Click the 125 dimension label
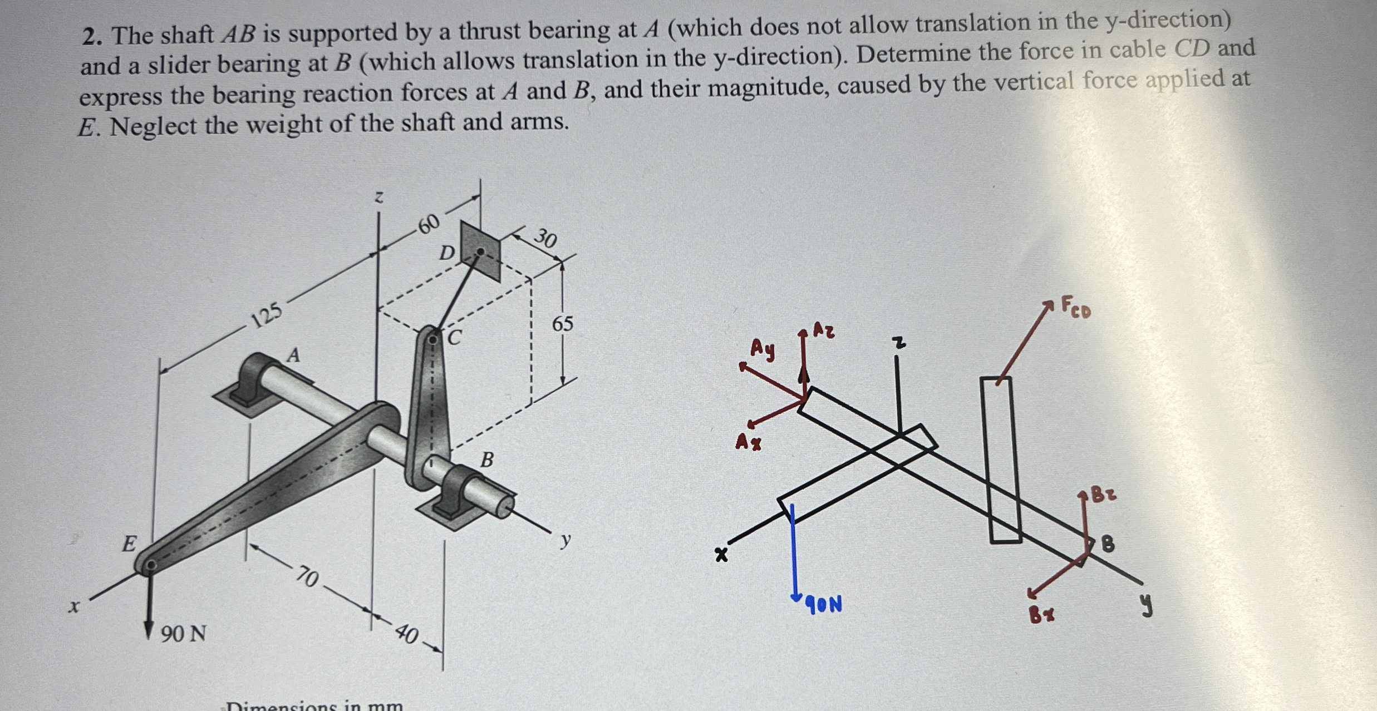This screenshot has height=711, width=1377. point(268,315)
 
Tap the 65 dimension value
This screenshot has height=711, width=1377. point(562,324)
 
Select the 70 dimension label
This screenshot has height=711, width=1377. point(307,576)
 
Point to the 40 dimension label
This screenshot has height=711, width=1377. point(407,634)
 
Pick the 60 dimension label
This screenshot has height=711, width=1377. point(429,224)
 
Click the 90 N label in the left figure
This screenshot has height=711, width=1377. point(183,633)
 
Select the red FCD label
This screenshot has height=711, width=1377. point(1076,307)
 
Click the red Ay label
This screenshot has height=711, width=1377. point(762,349)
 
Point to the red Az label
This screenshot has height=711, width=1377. point(824,330)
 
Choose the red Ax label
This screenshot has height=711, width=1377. point(748,443)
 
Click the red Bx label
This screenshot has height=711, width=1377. point(1041,615)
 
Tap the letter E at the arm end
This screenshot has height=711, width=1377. point(129,544)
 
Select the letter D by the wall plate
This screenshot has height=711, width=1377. point(446,254)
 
